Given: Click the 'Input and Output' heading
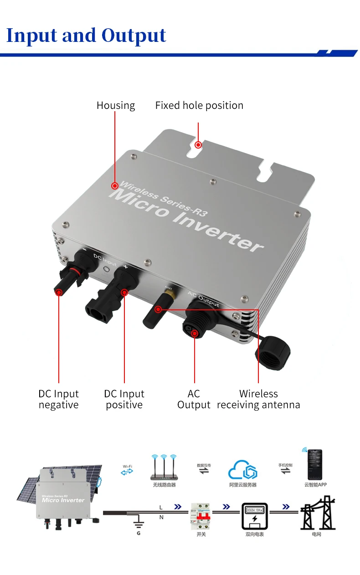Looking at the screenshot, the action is pyautogui.click(x=86, y=36).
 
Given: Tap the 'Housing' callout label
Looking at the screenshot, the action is pyautogui.click(x=116, y=105).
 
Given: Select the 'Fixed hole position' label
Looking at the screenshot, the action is pyautogui.click(x=199, y=105).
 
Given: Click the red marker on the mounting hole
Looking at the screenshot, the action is pyautogui.click(x=198, y=145).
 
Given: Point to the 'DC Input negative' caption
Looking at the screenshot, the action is pyautogui.click(x=58, y=399).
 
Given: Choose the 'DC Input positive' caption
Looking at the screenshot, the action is pyautogui.click(x=124, y=399).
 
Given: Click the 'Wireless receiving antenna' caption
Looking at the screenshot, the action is pyautogui.click(x=258, y=399).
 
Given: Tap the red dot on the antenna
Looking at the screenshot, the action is pyautogui.click(x=158, y=309).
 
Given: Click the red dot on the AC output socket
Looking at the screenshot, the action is pyautogui.click(x=195, y=334).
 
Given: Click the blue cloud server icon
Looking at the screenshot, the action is pyautogui.click(x=242, y=469).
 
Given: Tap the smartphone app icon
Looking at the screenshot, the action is pyautogui.click(x=315, y=464).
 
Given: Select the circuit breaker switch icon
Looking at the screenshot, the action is pyautogui.click(x=201, y=516).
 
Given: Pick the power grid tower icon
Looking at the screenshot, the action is pyautogui.click(x=317, y=516).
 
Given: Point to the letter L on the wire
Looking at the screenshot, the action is pyautogui.click(x=160, y=507).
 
